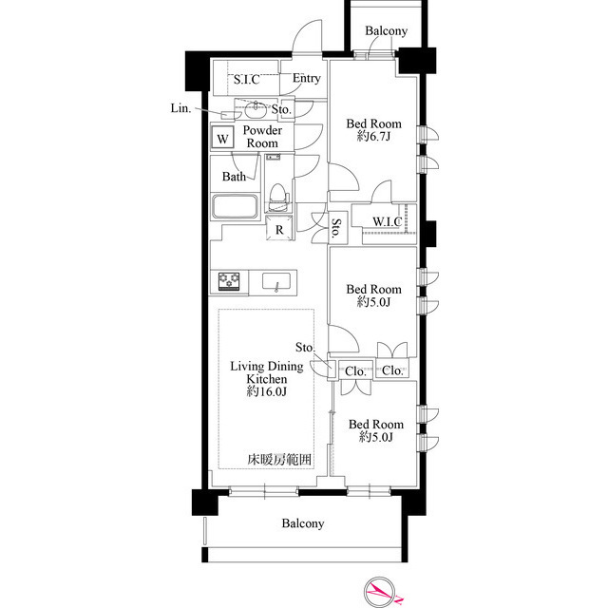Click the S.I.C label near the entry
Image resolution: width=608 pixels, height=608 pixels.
[247, 80]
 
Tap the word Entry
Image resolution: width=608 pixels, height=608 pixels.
[306, 78]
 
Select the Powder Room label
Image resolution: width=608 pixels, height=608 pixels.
[261, 136]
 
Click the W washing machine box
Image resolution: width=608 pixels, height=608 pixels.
[222, 139]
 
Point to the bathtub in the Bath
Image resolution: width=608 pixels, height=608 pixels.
[236, 207]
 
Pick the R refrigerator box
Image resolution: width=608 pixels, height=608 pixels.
[280, 229]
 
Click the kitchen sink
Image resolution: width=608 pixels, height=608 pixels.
[276, 282]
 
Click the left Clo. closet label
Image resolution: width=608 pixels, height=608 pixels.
[355, 370]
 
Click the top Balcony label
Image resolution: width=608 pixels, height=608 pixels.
[387, 31]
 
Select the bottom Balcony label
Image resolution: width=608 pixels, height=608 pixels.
[303, 523]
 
